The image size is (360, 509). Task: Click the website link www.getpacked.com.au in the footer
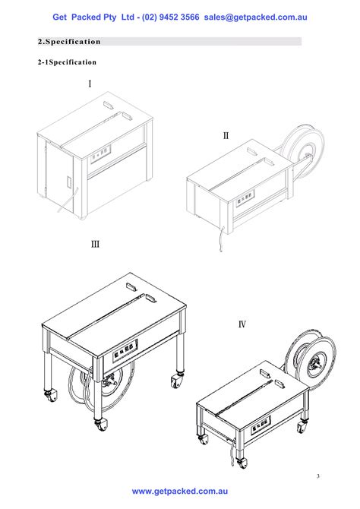click(180, 492)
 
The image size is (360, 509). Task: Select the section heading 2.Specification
click(69, 41)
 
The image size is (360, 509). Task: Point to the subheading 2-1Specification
click(68, 62)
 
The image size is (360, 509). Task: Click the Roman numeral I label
click(90, 83)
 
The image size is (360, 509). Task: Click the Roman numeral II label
click(226, 136)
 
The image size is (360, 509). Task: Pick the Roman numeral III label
click(95, 245)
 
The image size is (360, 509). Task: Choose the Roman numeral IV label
click(242, 325)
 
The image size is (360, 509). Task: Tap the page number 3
click(318, 476)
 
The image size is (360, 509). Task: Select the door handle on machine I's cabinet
click(69, 185)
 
